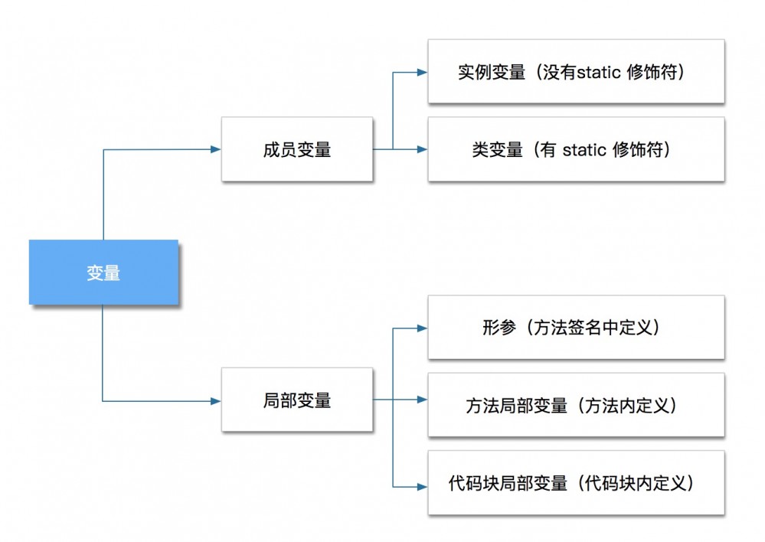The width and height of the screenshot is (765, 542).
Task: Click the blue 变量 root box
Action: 103,273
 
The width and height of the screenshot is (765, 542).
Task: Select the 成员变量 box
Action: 297,149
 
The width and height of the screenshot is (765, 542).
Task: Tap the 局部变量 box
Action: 297,400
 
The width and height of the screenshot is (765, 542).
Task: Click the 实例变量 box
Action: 576,72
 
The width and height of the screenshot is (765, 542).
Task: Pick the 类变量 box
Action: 576,149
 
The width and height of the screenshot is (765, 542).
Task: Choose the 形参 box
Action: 576,328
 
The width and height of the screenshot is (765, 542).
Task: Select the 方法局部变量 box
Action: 576,405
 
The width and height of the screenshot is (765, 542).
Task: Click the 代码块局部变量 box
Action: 576,483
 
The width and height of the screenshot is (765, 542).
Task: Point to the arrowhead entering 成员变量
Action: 216,149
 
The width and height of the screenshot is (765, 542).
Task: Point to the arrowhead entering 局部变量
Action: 216,400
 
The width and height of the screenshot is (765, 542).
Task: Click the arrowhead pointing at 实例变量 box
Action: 422,72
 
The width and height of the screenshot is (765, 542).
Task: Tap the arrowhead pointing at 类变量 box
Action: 422,149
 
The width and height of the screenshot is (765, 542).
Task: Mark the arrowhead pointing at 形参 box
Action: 422,328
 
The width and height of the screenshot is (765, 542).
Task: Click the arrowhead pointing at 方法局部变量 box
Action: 422,400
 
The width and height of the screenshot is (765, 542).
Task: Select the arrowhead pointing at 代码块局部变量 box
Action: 422,485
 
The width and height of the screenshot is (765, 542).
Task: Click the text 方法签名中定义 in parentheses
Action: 605,328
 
